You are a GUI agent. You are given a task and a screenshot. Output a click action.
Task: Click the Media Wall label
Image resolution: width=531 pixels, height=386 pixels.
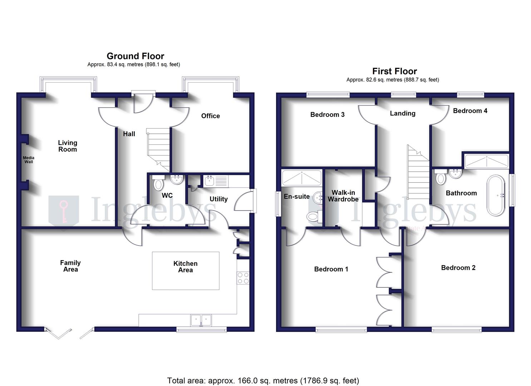click(29, 160)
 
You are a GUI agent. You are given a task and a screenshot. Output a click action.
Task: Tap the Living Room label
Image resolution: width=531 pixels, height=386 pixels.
click(68, 146)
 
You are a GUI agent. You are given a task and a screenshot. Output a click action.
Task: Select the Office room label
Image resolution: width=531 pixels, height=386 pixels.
click(210, 116)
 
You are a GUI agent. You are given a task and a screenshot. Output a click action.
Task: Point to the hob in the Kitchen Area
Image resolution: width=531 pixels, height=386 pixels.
click(243, 278)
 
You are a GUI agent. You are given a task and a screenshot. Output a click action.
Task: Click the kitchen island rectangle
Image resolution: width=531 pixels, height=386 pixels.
click(186, 271)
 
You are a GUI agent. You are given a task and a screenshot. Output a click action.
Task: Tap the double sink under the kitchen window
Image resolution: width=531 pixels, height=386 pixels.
click(201, 320)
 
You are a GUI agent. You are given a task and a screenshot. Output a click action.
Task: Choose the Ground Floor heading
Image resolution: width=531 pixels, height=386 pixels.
click(135, 56)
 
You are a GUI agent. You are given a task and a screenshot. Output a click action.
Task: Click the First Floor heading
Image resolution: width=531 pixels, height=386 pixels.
click(394, 71)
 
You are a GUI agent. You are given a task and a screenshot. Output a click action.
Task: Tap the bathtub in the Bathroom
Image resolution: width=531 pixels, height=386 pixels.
click(496, 195)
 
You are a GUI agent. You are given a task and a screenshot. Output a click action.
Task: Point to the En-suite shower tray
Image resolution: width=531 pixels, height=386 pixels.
click(301, 178)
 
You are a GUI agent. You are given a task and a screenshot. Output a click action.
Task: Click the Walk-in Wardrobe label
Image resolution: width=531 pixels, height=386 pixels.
click(343, 196)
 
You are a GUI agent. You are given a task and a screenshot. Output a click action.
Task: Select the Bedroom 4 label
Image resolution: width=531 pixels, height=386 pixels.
click(470, 111)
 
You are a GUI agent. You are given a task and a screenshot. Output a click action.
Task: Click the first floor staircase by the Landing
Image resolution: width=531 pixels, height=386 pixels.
click(418, 175)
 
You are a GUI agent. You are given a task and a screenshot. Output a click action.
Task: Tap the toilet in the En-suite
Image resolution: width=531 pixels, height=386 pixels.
click(313, 216)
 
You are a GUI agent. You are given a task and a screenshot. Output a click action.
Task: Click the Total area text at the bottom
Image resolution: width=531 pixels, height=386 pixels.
click(263, 381)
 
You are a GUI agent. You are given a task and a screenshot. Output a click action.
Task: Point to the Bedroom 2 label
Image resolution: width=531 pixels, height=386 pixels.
click(458, 268)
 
